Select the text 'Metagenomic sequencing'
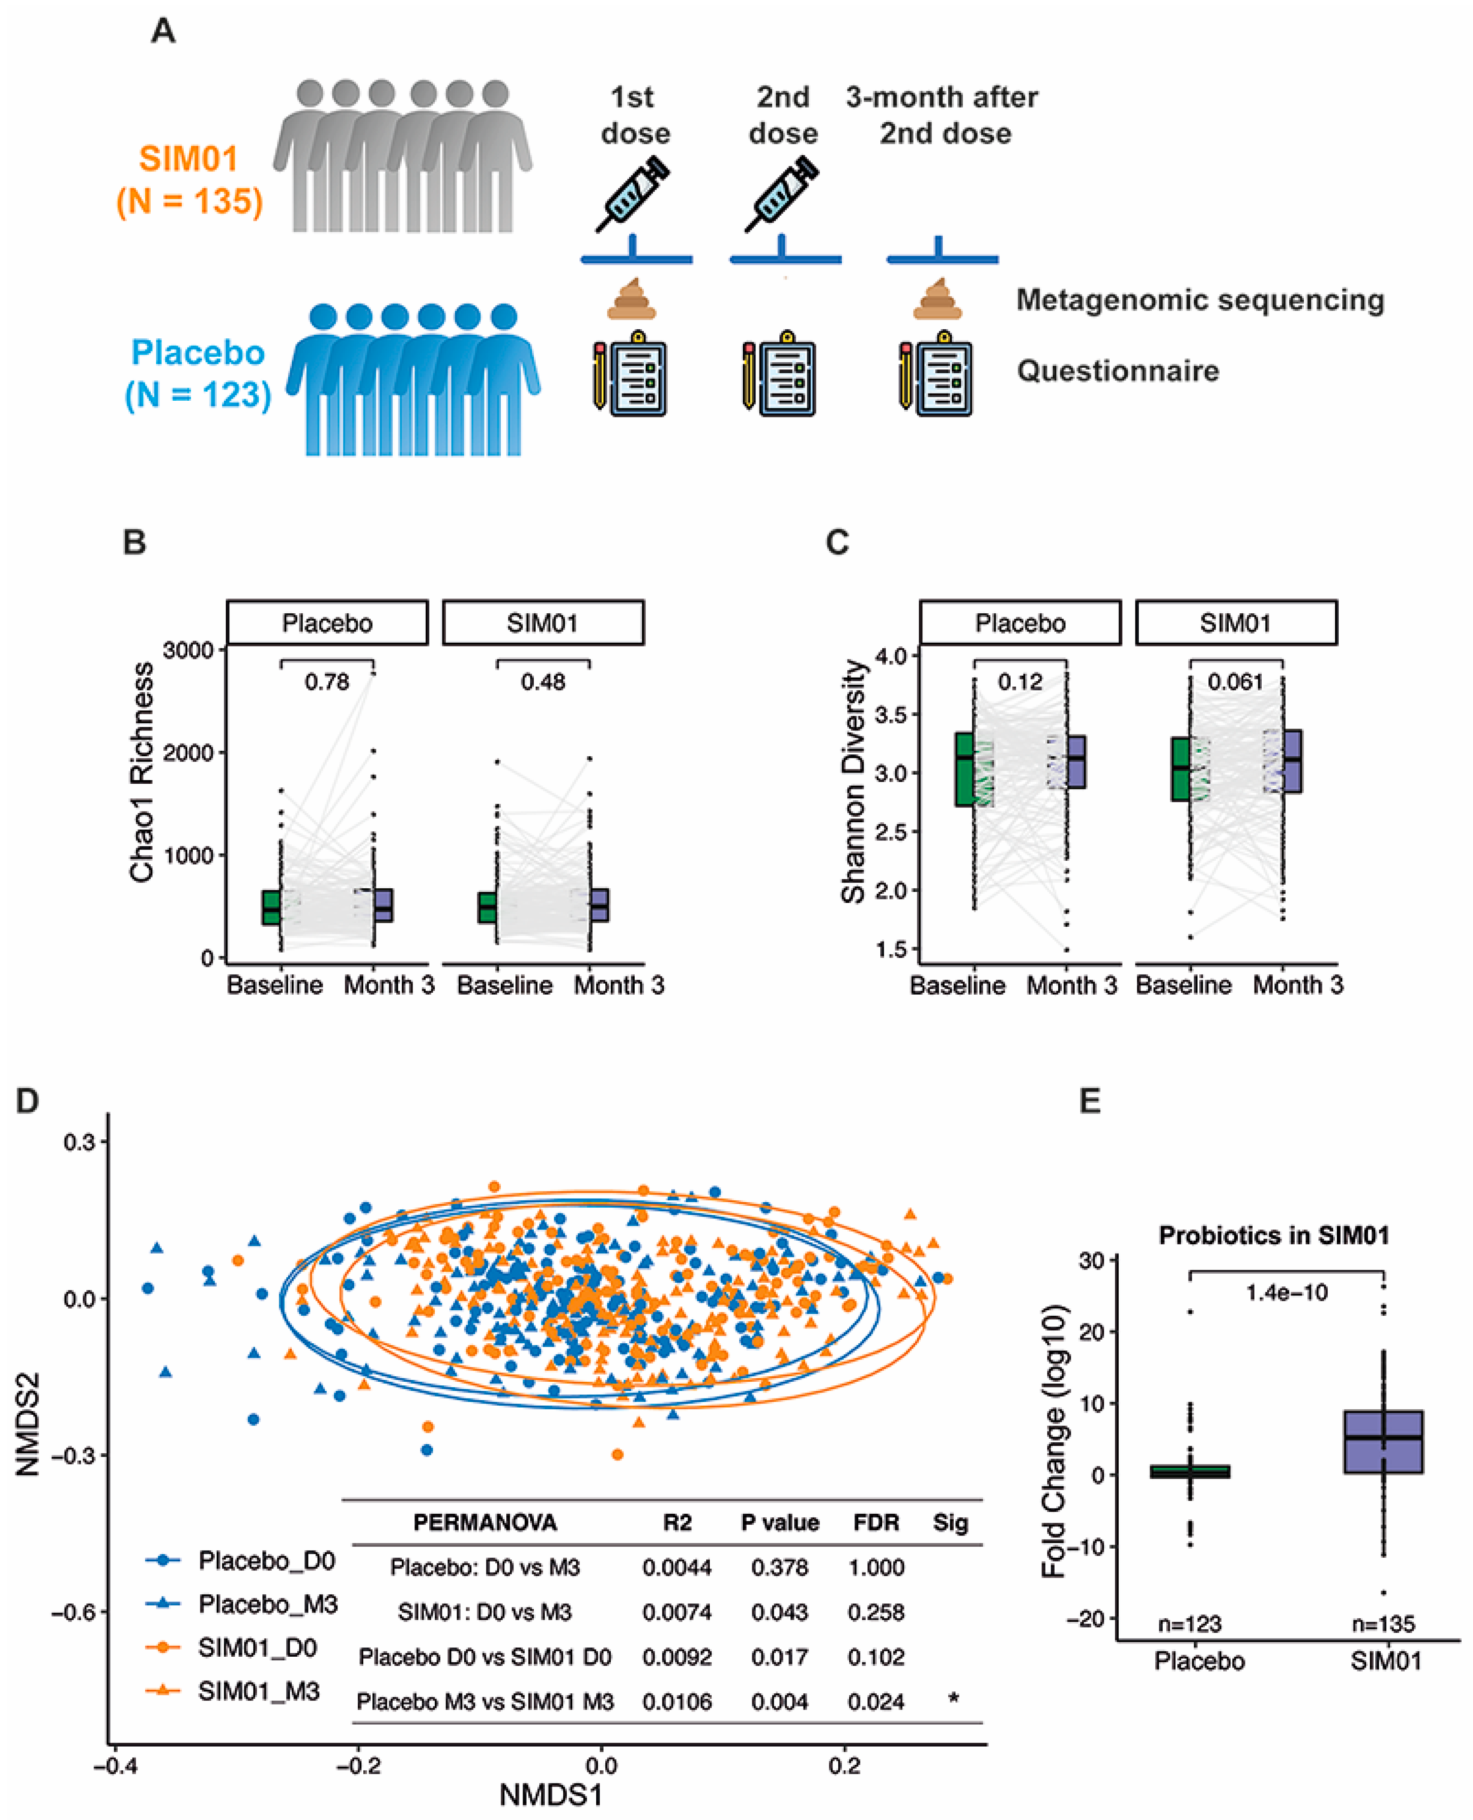coord(1200,300)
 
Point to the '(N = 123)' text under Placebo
coord(198,394)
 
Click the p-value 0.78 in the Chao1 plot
coord(327,682)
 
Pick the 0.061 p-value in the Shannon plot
coord(1235,682)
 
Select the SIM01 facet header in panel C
coord(1235,623)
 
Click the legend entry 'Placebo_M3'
coord(267,1604)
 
